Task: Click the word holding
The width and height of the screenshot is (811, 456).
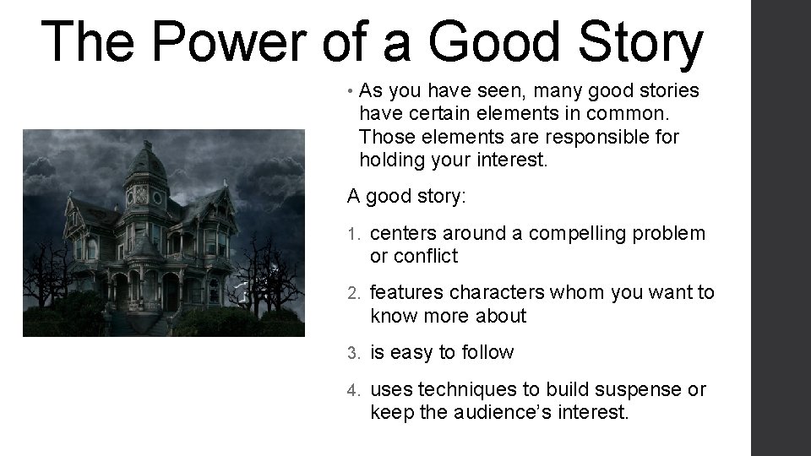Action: click(392, 159)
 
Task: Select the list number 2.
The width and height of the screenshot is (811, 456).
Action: click(356, 293)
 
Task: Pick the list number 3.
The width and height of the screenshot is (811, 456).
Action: click(356, 352)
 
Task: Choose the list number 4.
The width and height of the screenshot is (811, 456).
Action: click(356, 391)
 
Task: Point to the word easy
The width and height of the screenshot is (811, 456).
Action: click(411, 352)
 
